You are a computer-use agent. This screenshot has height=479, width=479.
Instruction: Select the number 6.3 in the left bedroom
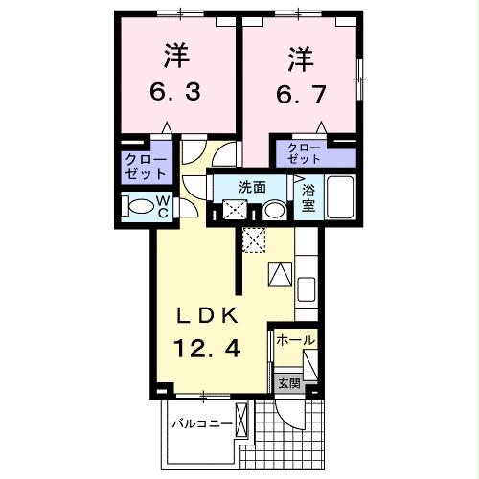pos(173,95)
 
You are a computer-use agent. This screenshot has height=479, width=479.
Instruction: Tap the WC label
pos(162,206)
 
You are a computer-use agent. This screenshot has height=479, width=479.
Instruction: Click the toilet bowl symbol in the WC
pos(141,205)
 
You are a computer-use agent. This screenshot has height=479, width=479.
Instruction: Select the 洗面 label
pos(252,187)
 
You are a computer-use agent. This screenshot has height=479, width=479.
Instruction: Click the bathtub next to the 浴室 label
pos(341,198)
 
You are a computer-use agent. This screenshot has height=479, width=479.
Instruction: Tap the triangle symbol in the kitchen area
pos(280,275)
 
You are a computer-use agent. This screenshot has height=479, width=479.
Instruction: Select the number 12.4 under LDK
pos(205,350)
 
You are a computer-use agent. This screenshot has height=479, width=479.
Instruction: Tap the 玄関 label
pos(288,383)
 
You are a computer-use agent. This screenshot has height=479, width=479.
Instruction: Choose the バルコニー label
pos(202,422)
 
